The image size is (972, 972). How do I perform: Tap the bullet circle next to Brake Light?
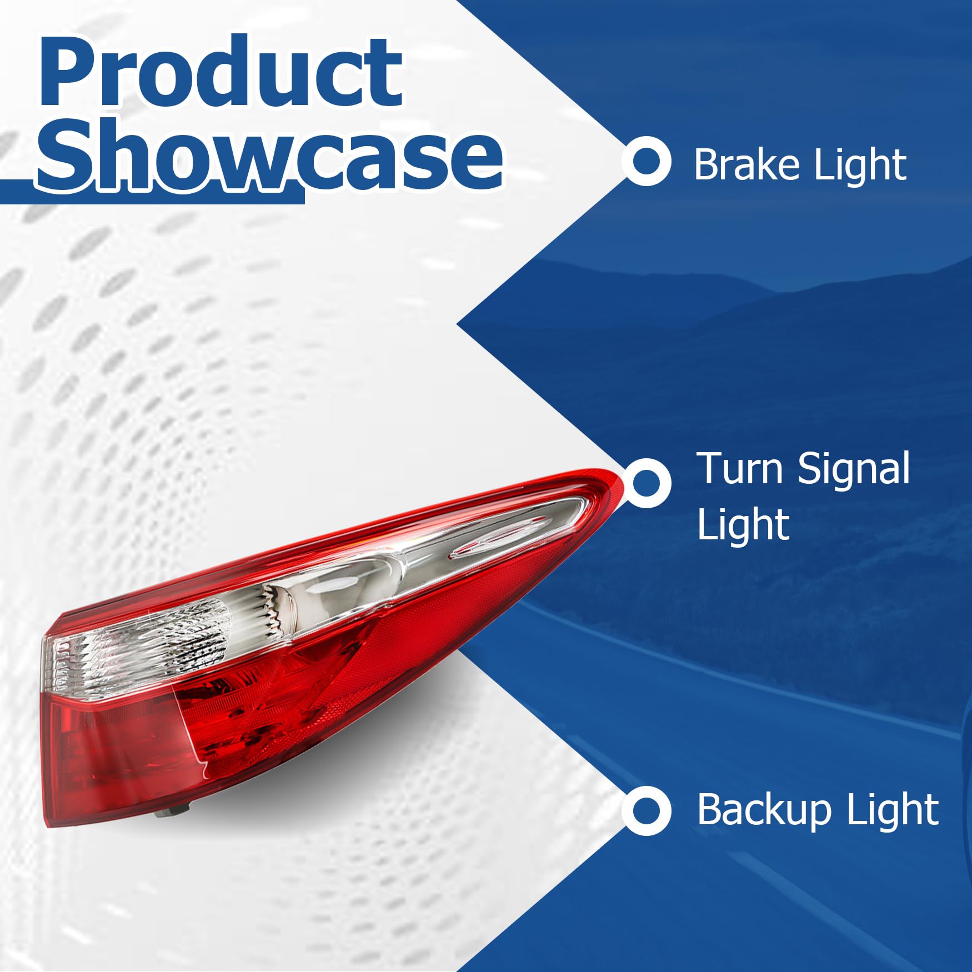pyautogui.click(x=646, y=161)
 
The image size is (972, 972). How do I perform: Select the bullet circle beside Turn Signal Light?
pyautogui.click(x=646, y=482)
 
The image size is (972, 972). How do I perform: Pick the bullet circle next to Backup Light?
pyautogui.click(x=646, y=810)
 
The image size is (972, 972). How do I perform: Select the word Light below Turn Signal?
pyautogui.click(x=743, y=525)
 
